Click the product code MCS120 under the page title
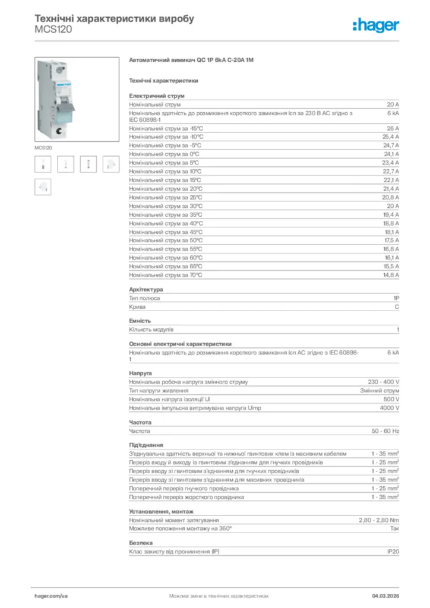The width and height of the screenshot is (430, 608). [x=53, y=29]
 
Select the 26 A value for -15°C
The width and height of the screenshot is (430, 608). [x=393, y=128]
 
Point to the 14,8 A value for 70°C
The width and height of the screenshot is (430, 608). [x=390, y=275]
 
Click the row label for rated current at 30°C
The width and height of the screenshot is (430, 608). [x=166, y=206]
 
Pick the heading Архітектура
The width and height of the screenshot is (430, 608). [x=146, y=289]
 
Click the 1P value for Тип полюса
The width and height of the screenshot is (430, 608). [x=396, y=298]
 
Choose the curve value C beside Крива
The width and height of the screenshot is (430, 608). [x=397, y=307]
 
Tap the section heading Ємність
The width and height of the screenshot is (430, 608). [x=140, y=321]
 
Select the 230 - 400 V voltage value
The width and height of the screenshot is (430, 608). [x=384, y=382]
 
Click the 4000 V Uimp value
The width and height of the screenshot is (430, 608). [x=389, y=408]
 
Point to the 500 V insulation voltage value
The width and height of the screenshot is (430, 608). [x=390, y=399]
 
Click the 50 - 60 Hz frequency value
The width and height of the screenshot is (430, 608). [x=385, y=430]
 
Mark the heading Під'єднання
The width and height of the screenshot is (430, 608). [x=146, y=445]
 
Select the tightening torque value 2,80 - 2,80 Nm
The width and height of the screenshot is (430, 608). [x=379, y=520]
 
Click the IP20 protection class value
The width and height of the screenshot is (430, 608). [x=393, y=552]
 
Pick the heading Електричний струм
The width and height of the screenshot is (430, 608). [x=157, y=95]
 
